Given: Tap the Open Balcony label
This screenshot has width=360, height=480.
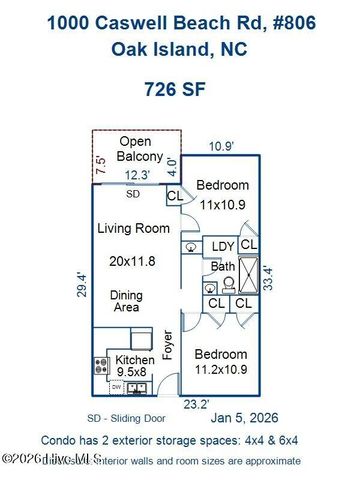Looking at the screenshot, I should click(135, 149).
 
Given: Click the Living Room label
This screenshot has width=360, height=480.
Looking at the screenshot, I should click(128, 229).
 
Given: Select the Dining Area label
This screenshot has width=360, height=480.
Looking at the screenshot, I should click(126, 302).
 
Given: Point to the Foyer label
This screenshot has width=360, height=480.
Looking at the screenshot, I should click(168, 345).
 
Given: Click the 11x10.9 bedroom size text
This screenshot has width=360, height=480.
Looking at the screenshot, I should click(223, 204).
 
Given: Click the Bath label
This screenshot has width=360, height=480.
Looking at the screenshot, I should click(222, 266).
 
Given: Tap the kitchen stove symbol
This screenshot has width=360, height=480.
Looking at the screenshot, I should click(100, 365).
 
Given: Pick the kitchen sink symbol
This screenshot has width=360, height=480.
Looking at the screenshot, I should click(139, 387).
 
